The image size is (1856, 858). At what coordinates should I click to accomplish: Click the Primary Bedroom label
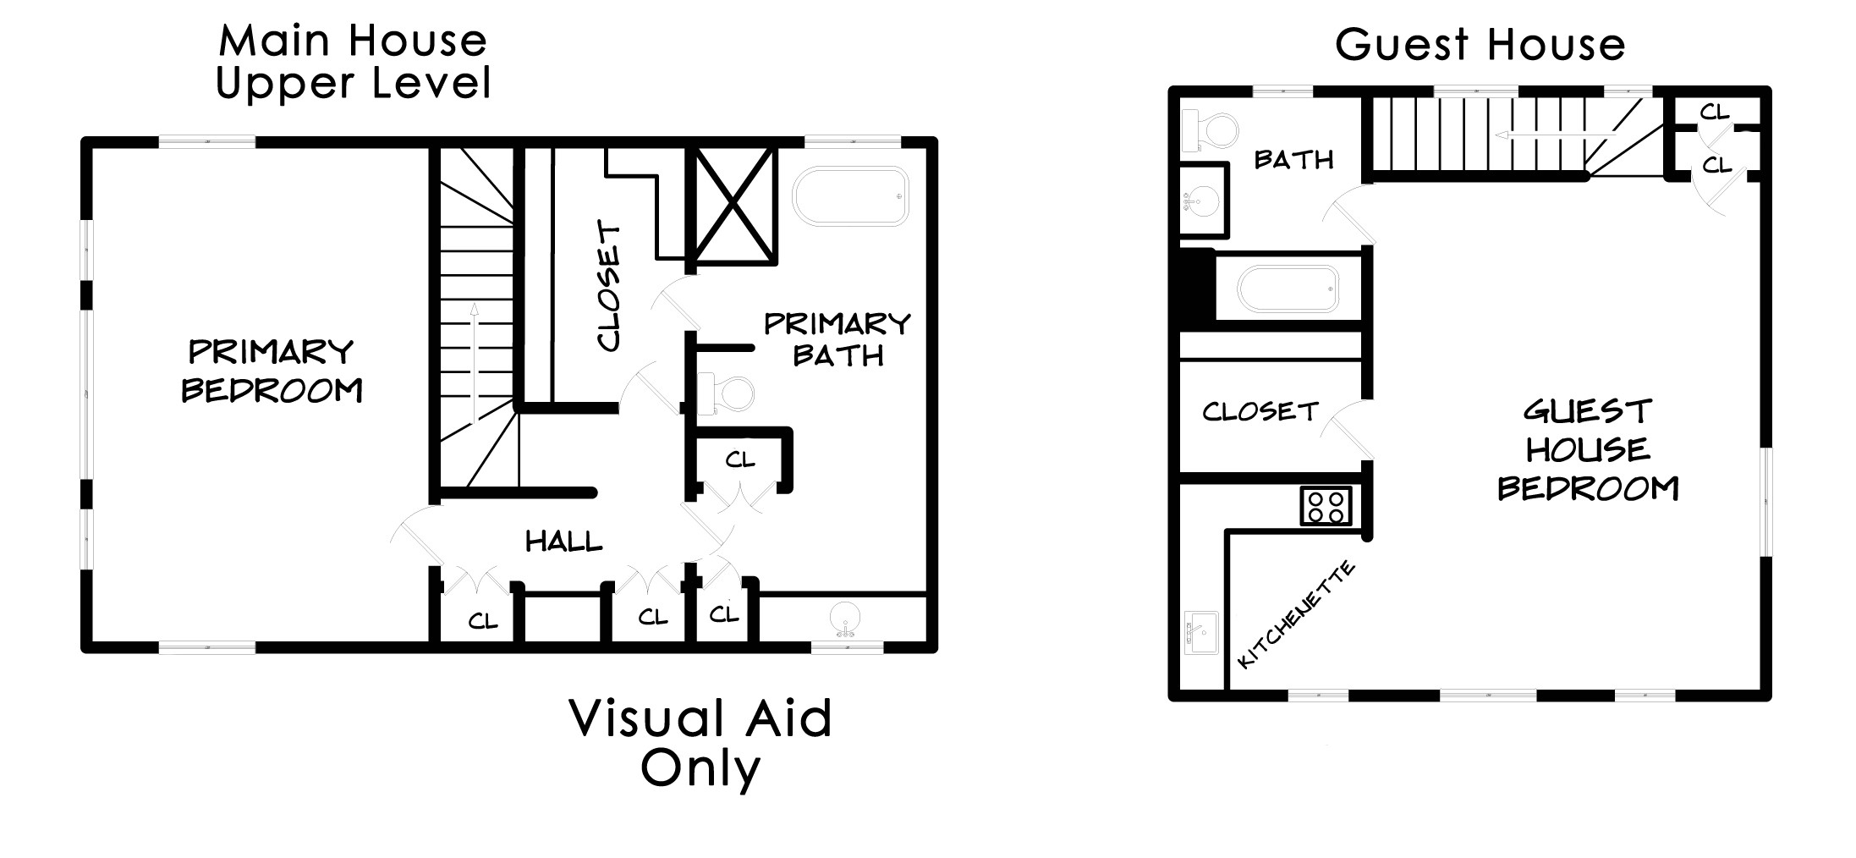pos(272,371)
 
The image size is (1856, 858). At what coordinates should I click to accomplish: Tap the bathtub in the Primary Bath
pos(850,196)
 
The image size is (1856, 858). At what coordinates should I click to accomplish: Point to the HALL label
pos(564,542)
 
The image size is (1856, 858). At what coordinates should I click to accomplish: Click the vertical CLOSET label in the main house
pos(609,286)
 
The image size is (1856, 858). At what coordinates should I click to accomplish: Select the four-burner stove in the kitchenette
pos(1326,505)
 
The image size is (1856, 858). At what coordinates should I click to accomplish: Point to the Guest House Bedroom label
pos(1588,450)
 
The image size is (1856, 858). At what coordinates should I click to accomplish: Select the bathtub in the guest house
pos(1288,289)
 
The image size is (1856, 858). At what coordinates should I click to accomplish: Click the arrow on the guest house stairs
pos(1556,135)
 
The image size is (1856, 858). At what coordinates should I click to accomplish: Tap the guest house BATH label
pos(1293,159)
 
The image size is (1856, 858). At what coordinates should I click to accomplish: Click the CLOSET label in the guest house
pos(1260,411)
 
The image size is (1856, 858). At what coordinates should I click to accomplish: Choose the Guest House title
pos(1480,44)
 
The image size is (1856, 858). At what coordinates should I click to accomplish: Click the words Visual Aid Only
pos(701,743)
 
